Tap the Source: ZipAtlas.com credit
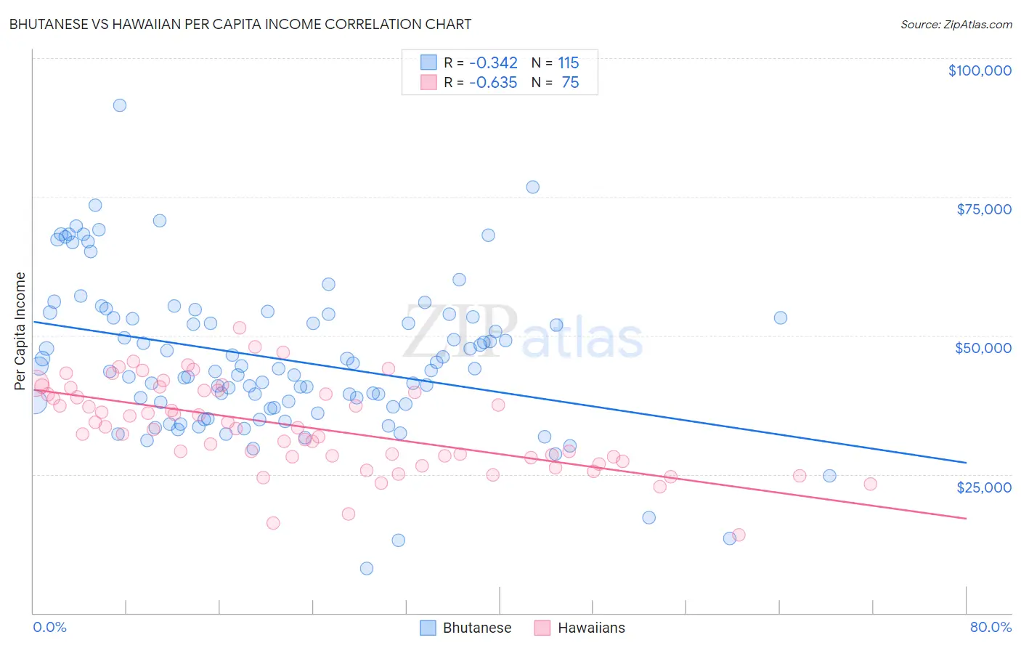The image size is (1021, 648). (956, 24)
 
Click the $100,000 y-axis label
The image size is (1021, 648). (980, 70)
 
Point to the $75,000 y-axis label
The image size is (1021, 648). (983, 209)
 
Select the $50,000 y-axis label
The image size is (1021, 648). (983, 348)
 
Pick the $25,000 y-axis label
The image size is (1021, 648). (983, 487)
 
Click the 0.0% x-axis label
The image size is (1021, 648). (49, 627)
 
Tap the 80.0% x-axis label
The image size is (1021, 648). (991, 627)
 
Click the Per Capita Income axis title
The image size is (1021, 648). (20, 331)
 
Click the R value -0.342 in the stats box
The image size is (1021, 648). (493, 63)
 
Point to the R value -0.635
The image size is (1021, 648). (493, 83)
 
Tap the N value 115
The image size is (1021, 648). (568, 63)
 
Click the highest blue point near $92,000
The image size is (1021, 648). (120, 105)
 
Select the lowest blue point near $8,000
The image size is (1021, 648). (367, 568)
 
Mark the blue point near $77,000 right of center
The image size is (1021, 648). (532, 187)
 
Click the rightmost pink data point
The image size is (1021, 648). (870, 484)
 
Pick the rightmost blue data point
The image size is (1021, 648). (829, 476)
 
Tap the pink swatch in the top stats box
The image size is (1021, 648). (428, 82)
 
